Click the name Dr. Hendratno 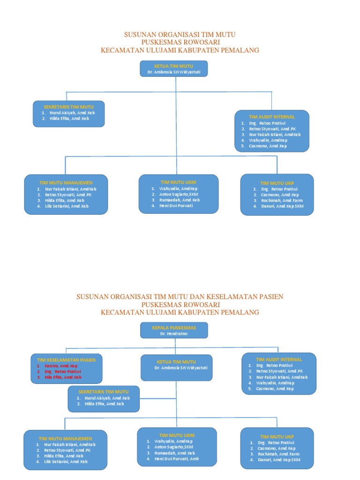click(174, 333)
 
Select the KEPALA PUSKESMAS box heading click(174, 327)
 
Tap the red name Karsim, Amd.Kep click(61, 366)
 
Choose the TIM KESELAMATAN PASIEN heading click(66, 360)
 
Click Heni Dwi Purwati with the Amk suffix click(176, 458)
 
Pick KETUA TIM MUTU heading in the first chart click(174, 67)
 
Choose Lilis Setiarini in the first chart click(66, 206)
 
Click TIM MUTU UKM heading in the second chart click(177, 435)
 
